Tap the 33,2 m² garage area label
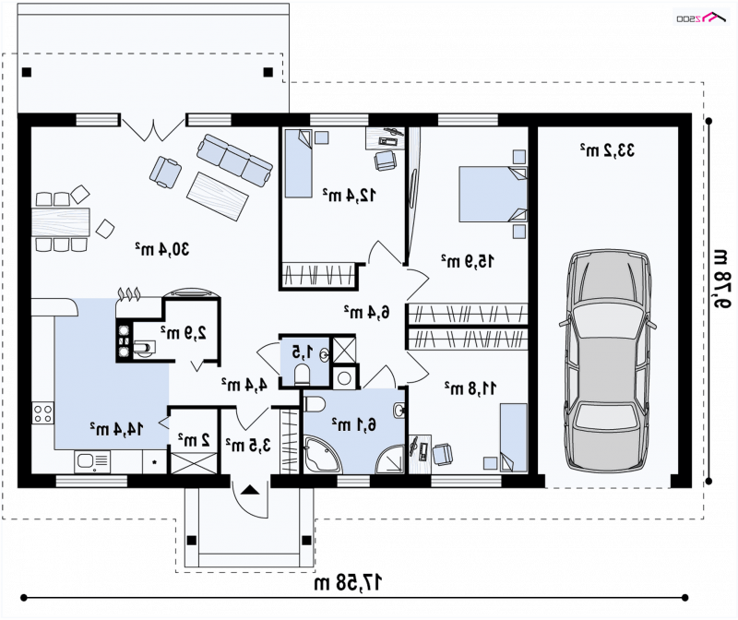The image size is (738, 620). pos(607,150)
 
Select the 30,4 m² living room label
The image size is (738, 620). pos(162,249)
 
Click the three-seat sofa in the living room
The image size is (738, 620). pos(234,161)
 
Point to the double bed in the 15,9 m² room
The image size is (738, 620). pos(493,194)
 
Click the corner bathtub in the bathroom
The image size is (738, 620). pos(322,455)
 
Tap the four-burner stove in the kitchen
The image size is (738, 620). pos(42,413)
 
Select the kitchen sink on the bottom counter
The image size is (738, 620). pos(92,461)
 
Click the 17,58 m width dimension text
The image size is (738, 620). pos(348,583)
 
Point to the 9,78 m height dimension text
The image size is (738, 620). pos(720,279)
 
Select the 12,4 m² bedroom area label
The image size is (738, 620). pos(350,195)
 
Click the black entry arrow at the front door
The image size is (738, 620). pos(250,490)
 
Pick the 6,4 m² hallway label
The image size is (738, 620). pos(366,312)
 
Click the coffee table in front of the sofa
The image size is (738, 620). pos(218,196)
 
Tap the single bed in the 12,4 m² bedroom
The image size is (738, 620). pos(298,163)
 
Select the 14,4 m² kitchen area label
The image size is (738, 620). pos(116,428)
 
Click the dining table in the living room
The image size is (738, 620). pos(61,221)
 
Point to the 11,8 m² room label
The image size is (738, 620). pos(470,387)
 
